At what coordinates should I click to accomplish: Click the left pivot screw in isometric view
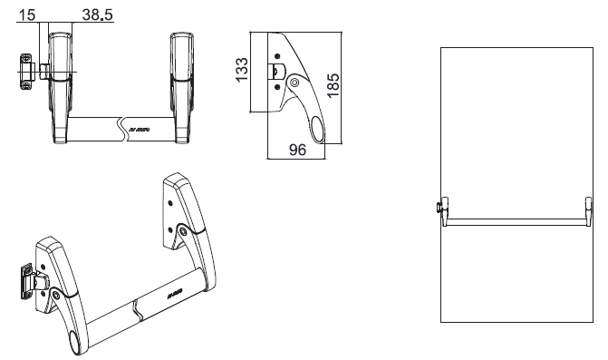pos(57,295)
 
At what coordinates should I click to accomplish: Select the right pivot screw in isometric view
pos(185,231)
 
